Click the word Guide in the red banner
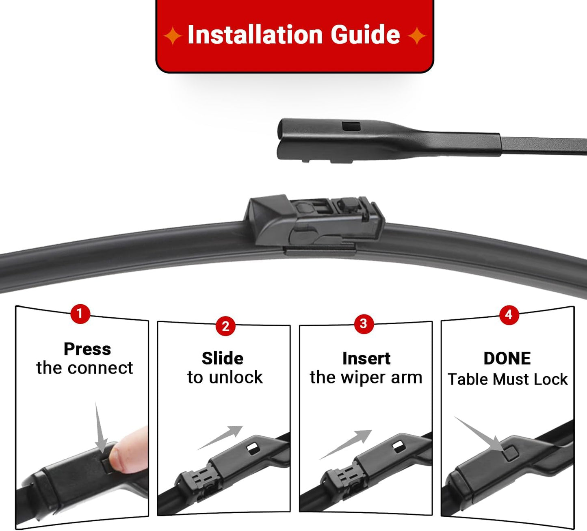[365, 35]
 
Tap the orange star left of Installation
[173, 36]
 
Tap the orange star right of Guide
[417, 36]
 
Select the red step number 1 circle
[80, 314]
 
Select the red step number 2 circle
[225, 326]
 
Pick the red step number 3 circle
[364, 324]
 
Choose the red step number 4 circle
[509, 315]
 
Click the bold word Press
[87, 349]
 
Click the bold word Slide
[223, 358]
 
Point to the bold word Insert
[366, 358]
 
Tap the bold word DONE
[507, 358]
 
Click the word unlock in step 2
[236, 377]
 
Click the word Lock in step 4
[550, 379]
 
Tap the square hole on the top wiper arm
[351, 126]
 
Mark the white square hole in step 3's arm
[398, 446]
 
